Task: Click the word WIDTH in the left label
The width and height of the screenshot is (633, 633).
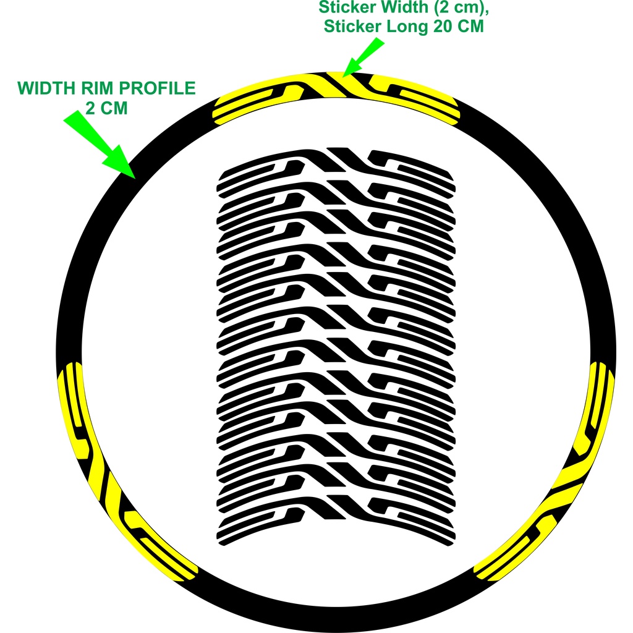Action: [x=45, y=88]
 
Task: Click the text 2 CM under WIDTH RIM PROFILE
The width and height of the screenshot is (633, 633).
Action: [x=106, y=108]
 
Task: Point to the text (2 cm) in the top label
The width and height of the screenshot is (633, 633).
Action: [x=444, y=8]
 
